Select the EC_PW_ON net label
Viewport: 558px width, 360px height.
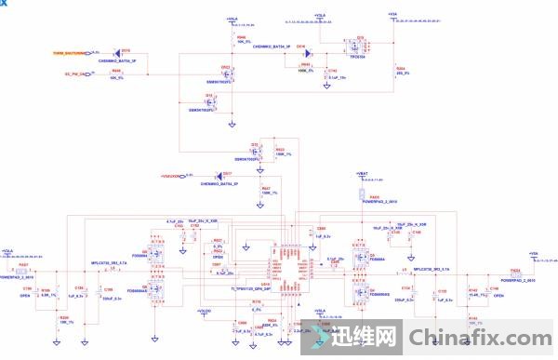(x=76, y=73)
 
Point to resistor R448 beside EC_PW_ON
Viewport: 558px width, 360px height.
(x=115, y=73)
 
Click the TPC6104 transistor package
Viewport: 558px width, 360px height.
(x=359, y=46)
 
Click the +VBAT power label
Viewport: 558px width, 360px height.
(x=363, y=174)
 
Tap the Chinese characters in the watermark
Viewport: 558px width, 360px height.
(x=364, y=337)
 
